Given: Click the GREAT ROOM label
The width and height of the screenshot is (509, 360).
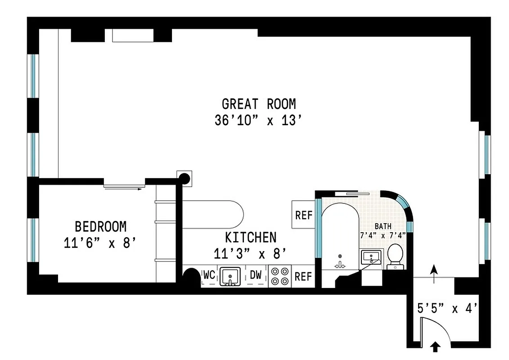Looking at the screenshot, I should pyautogui.click(x=259, y=104).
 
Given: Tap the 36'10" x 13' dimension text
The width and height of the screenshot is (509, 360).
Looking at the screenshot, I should pyautogui.click(x=258, y=121).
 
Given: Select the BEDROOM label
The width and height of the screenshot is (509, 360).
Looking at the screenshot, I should pyautogui.click(x=100, y=226).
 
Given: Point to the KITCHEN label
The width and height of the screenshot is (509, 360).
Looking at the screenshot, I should pyautogui.click(x=251, y=237).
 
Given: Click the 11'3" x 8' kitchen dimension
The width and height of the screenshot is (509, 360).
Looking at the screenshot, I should pyautogui.click(x=250, y=254).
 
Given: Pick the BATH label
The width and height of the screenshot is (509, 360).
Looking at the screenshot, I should pyautogui.click(x=383, y=226).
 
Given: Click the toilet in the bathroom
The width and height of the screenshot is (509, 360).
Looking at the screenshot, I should pyautogui.click(x=395, y=256).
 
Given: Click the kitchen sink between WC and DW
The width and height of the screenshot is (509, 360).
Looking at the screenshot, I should pyautogui.click(x=230, y=276).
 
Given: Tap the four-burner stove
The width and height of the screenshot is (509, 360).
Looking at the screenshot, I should pyautogui.click(x=280, y=276).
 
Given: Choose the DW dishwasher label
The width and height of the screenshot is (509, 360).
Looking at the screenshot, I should pyautogui.click(x=256, y=274).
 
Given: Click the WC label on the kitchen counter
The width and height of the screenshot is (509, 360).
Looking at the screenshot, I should pyautogui.click(x=209, y=274).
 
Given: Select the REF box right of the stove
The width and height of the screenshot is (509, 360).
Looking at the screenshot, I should pyautogui.click(x=303, y=276).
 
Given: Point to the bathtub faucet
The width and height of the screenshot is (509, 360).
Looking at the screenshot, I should pyautogui.click(x=340, y=265).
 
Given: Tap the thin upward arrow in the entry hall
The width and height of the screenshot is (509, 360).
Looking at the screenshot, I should pyautogui.click(x=434, y=274).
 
